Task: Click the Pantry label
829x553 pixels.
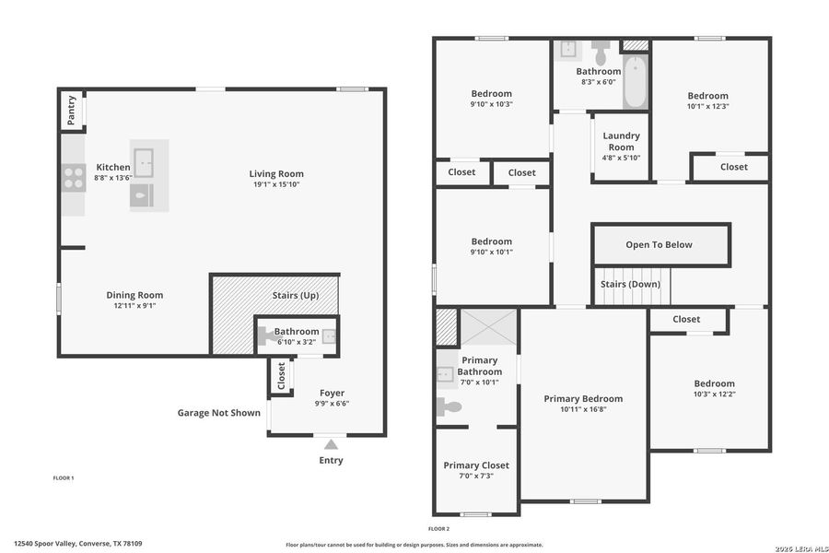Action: tap(72, 112)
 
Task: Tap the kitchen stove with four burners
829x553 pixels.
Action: tap(73, 176)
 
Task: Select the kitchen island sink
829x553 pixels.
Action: tap(144, 159)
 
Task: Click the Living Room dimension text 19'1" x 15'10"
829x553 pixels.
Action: tap(276, 184)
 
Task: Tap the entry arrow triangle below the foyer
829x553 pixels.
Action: tap(331, 445)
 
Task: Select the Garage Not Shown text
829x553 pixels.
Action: tap(219, 413)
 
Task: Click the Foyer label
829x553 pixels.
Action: tap(332, 393)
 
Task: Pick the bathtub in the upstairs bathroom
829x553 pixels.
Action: tap(635, 85)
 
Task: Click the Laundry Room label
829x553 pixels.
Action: tap(621, 141)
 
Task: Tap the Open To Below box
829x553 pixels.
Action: tap(660, 244)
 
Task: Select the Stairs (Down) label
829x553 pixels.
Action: tap(630, 284)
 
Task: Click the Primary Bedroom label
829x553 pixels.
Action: tap(583, 398)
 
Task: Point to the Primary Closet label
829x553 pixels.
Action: tap(476, 465)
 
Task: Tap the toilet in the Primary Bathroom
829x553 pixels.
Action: tap(450, 406)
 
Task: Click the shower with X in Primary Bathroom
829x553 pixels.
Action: tap(488, 327)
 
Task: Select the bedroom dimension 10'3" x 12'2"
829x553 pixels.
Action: tap(715, 394)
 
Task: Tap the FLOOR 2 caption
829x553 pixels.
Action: tap(438, 529)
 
